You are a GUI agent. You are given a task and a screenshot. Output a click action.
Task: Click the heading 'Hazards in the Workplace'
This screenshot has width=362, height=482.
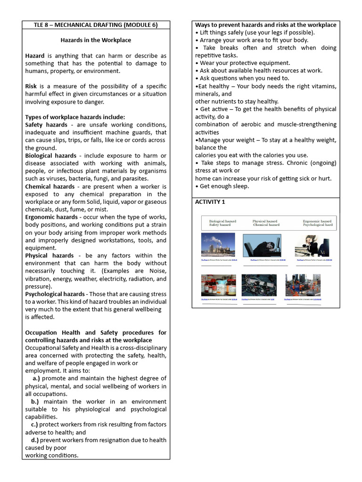click(x=96, y=40)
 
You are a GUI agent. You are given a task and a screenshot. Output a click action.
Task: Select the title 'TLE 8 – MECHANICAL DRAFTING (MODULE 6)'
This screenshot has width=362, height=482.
click(x=96, y=25)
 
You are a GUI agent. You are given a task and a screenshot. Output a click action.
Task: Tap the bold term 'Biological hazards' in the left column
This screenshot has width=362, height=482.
click(x=50, y=156)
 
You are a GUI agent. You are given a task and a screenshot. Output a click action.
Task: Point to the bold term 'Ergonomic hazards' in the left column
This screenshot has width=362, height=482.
click(x=51, y=217)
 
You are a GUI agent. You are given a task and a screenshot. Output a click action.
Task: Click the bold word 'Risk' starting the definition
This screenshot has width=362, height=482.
click(x=32, y=87)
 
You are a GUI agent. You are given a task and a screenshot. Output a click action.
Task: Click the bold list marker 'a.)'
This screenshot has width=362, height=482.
click(x=36, y=378)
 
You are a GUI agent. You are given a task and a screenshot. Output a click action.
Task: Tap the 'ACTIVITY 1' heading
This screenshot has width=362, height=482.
click(x=210, y=202)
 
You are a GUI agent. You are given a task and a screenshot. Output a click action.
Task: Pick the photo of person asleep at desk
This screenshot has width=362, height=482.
click(x=262, y=245)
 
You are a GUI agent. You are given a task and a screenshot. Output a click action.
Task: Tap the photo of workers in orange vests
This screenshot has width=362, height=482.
click(x=303, y=285)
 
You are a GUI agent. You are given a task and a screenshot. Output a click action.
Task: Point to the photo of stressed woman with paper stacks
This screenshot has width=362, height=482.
click(x=312, y=245)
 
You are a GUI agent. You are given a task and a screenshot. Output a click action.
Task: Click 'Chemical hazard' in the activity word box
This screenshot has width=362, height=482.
click(x=266, y=225)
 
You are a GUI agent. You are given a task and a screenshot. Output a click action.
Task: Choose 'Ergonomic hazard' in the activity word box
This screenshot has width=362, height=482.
click(x=317, y=221)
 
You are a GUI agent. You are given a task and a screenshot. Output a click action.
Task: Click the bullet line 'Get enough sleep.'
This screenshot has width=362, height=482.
click(x=224, y=186)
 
